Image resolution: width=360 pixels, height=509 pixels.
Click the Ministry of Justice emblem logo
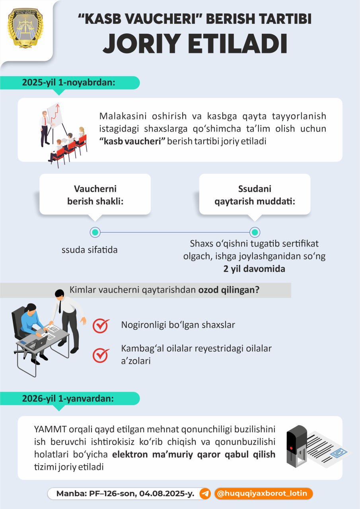pos(25,28)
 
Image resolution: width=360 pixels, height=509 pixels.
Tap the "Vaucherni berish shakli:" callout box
pos(95,195)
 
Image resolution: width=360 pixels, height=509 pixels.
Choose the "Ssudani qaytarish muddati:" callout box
pos(255,195)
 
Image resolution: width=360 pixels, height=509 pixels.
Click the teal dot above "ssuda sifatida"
pos(95,232)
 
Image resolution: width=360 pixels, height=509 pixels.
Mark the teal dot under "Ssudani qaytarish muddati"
pos(255,232)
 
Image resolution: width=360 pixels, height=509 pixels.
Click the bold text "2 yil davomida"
pos(254,268)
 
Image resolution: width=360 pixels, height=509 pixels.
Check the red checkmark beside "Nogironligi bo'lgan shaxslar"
pos(101,325)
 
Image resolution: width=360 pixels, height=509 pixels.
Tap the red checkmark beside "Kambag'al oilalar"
pos(101,355)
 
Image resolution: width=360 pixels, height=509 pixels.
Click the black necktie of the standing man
pos(60,307)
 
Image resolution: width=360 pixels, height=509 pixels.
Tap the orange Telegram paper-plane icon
pos(205,493)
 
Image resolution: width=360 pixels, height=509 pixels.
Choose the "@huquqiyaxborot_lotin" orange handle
pos(263,493)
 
